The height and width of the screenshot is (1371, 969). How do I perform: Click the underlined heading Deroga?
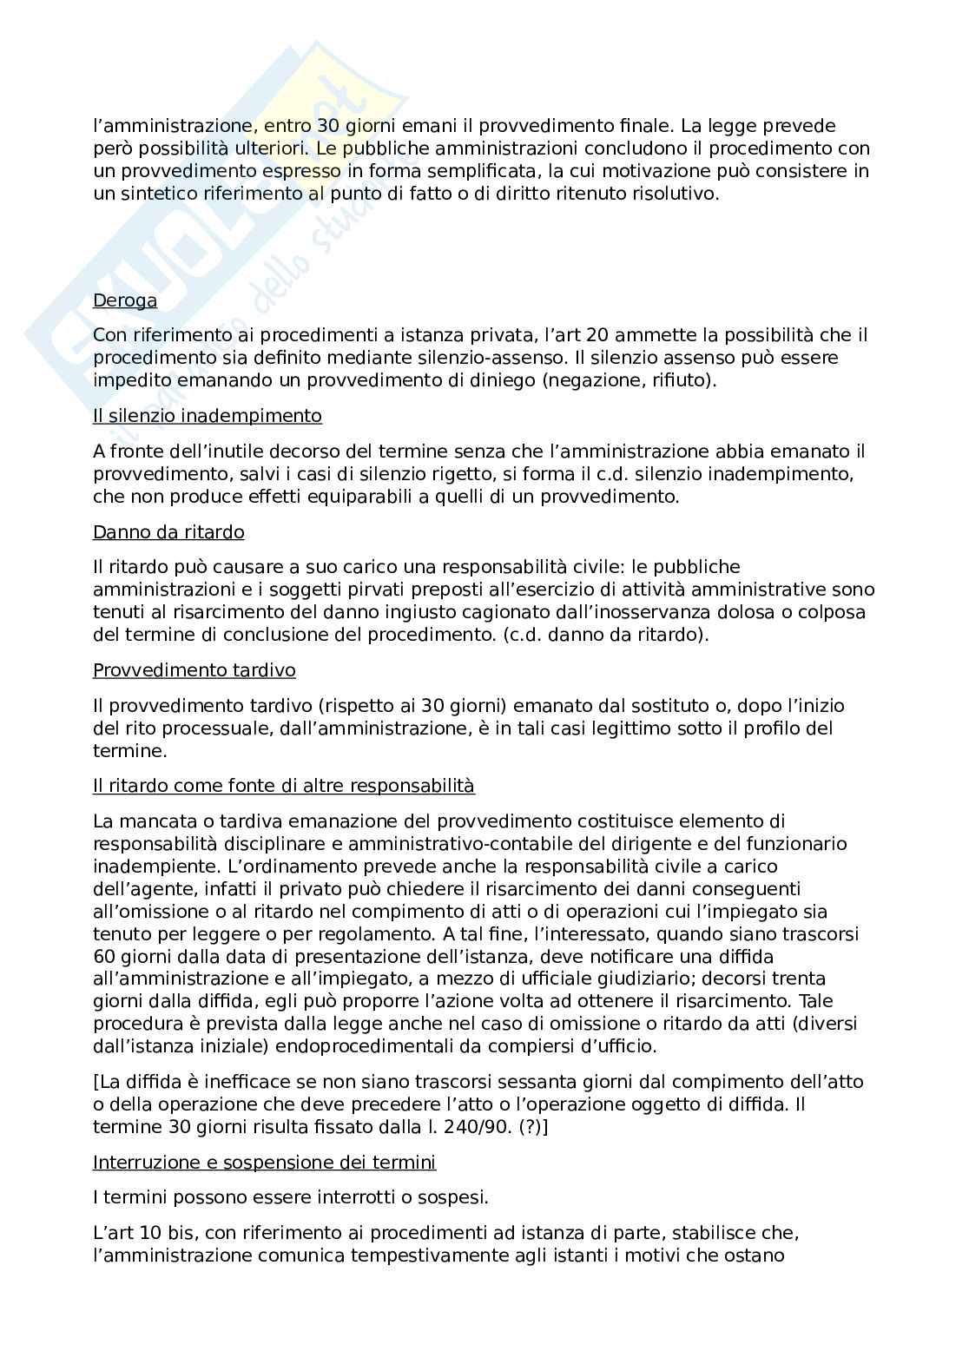125,301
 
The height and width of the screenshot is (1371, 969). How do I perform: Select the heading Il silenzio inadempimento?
207,417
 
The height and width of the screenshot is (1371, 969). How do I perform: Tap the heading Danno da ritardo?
168,532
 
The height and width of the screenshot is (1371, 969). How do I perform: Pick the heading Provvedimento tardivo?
194,671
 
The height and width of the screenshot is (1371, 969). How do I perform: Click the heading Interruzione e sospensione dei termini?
264,1163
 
